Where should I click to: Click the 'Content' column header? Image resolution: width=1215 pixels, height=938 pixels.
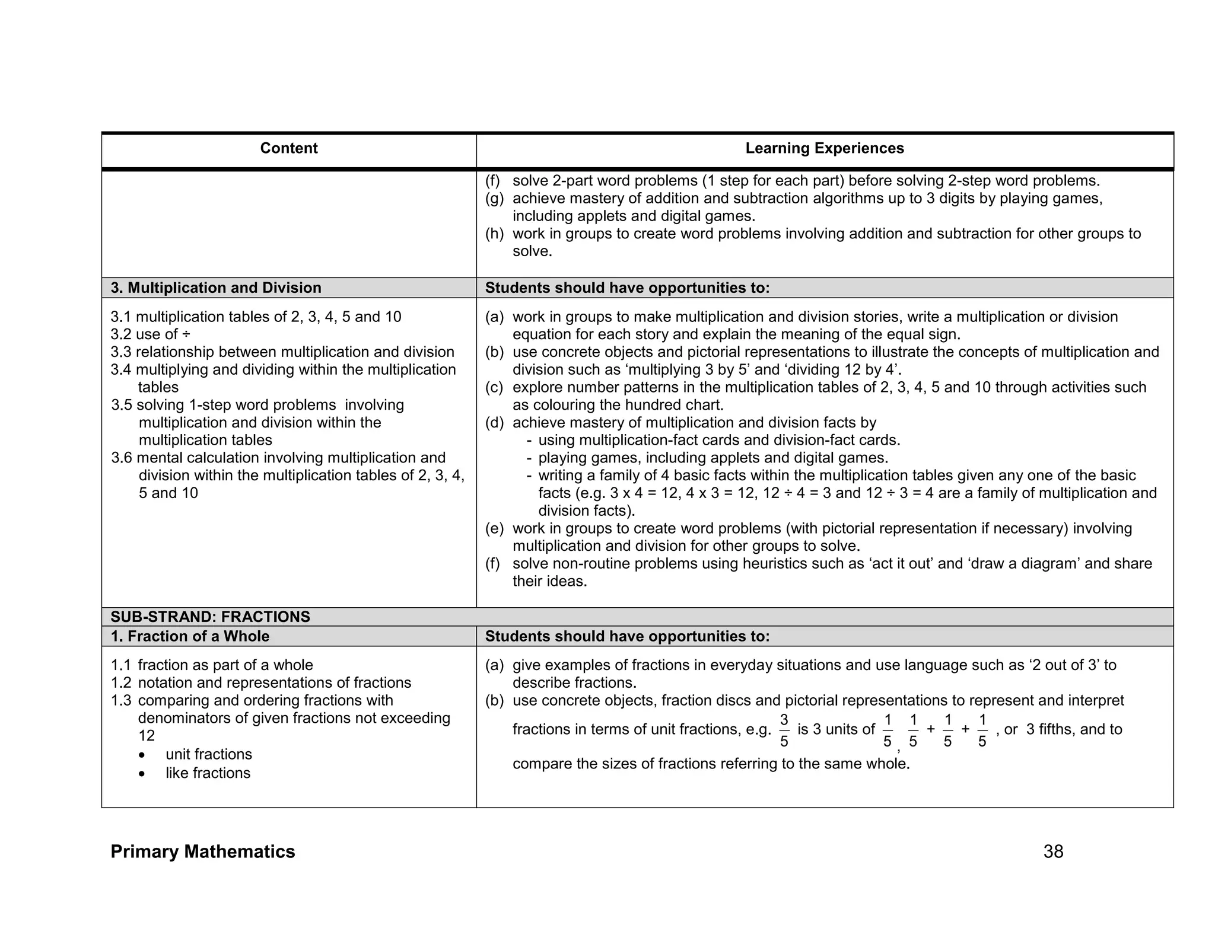click(x=288, y=148)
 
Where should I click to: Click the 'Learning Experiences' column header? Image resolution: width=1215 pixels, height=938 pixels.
click(x=824, y=148)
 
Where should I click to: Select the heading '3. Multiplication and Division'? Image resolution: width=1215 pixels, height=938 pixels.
click(x=216, y=288)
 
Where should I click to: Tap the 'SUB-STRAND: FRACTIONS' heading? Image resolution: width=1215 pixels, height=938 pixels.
click(x=210, y=617)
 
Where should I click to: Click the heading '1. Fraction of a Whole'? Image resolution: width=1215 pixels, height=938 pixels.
click(x=190, y=636)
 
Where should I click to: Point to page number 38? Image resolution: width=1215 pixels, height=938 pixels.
click(x=1053, y=851)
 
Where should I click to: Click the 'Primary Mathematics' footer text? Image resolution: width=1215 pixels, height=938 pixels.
click(x=202, y=851)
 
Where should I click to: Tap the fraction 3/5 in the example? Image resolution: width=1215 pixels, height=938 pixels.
click(x=784, y=730)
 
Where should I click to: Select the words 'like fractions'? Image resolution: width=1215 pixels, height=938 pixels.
click(x=208, y=773)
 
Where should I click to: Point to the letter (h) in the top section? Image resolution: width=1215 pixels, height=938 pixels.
click(x=494, y=234)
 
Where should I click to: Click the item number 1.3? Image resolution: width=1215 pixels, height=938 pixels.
click(x=121, y=700)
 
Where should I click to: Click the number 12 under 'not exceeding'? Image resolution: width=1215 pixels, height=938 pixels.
click(x=146, y=736)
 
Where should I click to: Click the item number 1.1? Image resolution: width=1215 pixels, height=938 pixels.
click(x=120, y=665)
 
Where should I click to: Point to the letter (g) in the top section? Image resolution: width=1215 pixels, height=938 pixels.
click(x=494, y=199)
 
